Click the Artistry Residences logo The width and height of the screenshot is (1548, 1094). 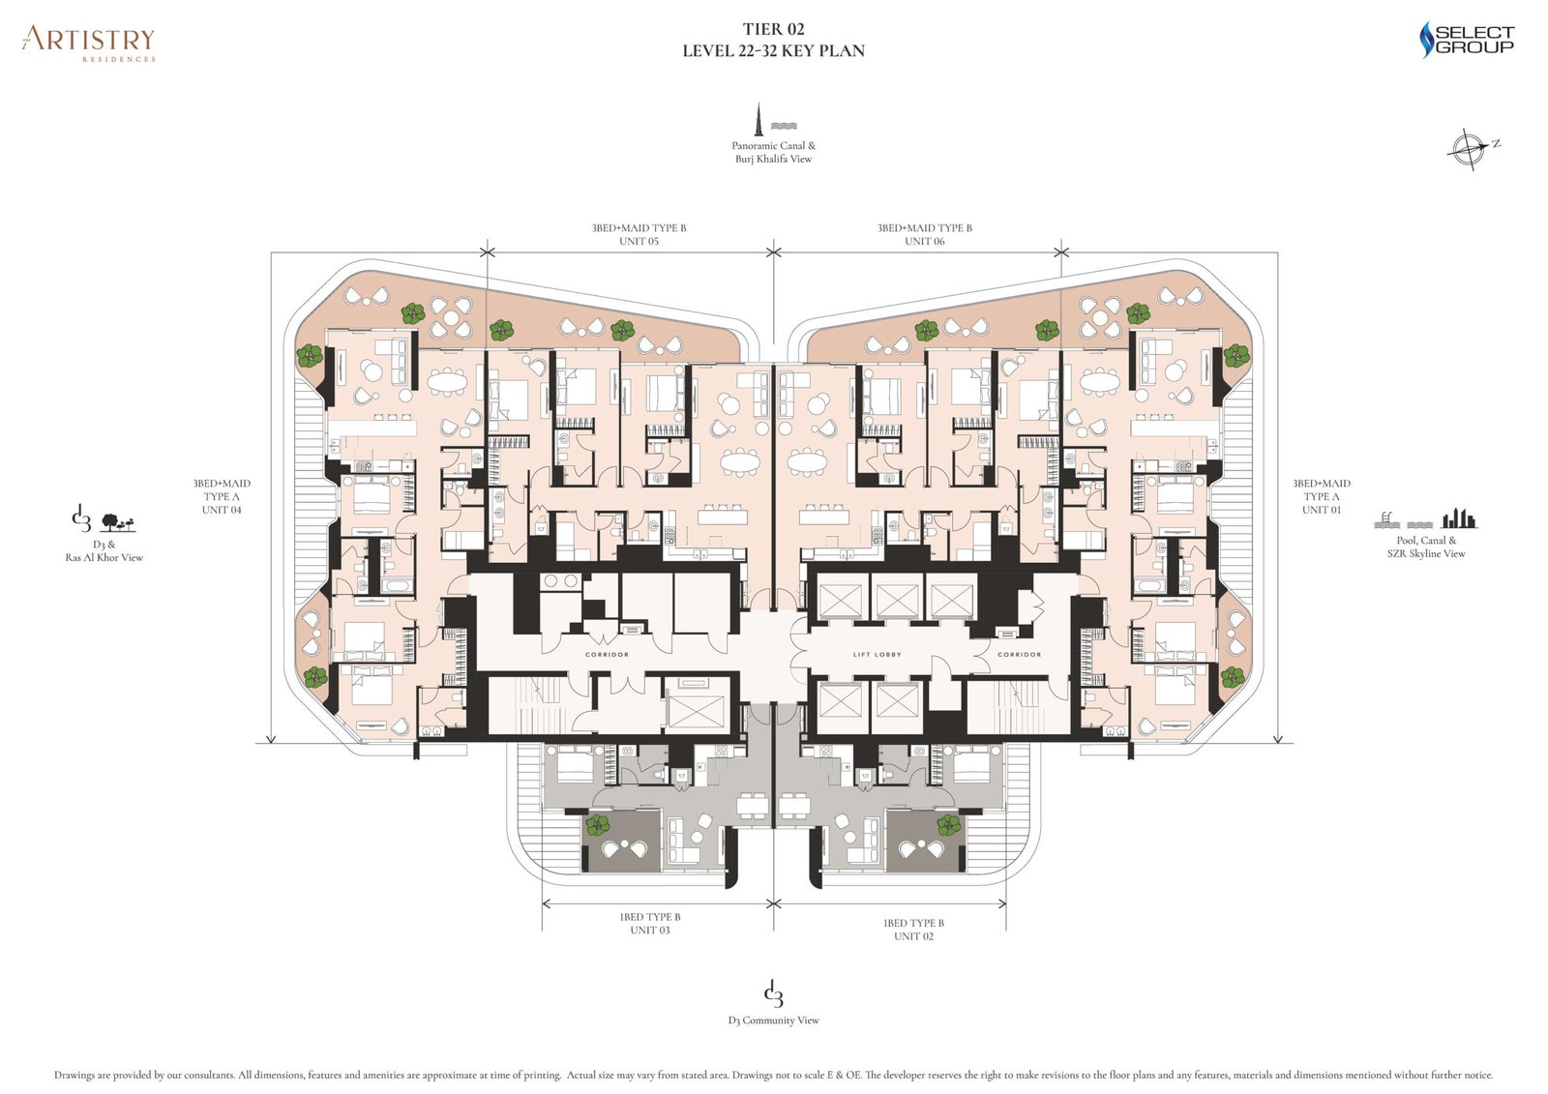88,42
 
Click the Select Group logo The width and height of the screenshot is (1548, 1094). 1466,40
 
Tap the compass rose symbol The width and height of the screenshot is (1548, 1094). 1468,149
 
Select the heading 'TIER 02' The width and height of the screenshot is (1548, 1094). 773,29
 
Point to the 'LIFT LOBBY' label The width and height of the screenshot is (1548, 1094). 877,655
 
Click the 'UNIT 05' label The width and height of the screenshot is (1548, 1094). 639,241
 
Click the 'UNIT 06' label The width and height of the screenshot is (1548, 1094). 924,241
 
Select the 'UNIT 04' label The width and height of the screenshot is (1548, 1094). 222,510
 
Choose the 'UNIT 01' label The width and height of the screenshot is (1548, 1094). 1321,510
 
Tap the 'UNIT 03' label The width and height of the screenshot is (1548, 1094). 649,930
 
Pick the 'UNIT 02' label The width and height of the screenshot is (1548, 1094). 913,936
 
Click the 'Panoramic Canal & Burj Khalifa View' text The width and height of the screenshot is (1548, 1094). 773,152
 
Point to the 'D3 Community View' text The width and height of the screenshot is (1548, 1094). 773,1020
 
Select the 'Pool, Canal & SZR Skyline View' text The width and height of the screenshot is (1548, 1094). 1425,547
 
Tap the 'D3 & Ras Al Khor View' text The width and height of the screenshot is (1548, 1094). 104,550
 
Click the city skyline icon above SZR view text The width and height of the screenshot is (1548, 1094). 1459,518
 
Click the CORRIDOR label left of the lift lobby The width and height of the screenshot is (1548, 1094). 607,655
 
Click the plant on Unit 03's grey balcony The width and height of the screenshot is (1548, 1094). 597,825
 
